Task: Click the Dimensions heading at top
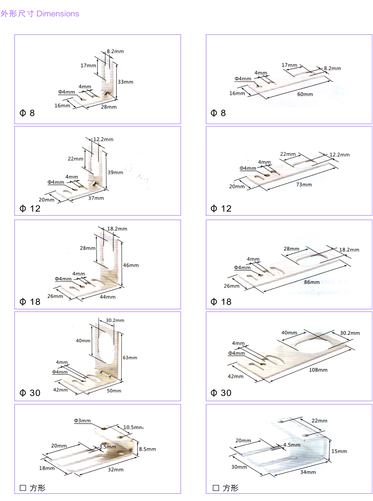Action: pyautogui.click(x=40, y=14)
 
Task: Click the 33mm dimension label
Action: pyautogui.click(x=125, y=82)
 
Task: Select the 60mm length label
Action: pyautogui.click(x=305, y=94)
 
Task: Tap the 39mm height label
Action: pyautogui.click(x=115, y=173)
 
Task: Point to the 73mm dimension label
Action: pyautogui.click(x=304, y=185)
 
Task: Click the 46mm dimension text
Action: pyautogui.click(x=131, y=265)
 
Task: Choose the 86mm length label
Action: pyautogui.click(x=311, y=282)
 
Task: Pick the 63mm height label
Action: pyautogui.click(x=130, y=358)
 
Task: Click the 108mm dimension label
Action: pyautogui.click(x=318, y=370)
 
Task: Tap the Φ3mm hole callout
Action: pyautogui.click(x=82, y=421)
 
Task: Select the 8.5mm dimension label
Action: pyautogui.click(x=147, y=449)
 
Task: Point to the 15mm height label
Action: pyautogui.click(x=339, y=451)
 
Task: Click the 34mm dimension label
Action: pyautogui.click(x=308, y=472)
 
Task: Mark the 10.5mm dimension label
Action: pyautogui.click(x=133, y=427)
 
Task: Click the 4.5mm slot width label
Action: pyautogui.click(x=292, y=445)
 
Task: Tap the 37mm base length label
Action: pyautogui.click(x=96, y=198)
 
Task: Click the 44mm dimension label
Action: pyautogui.click(x=108, y=297)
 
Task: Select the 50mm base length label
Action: pyautogui.click(x=114, y=391)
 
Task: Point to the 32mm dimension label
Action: pyautogui.click(x=116, y=470)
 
